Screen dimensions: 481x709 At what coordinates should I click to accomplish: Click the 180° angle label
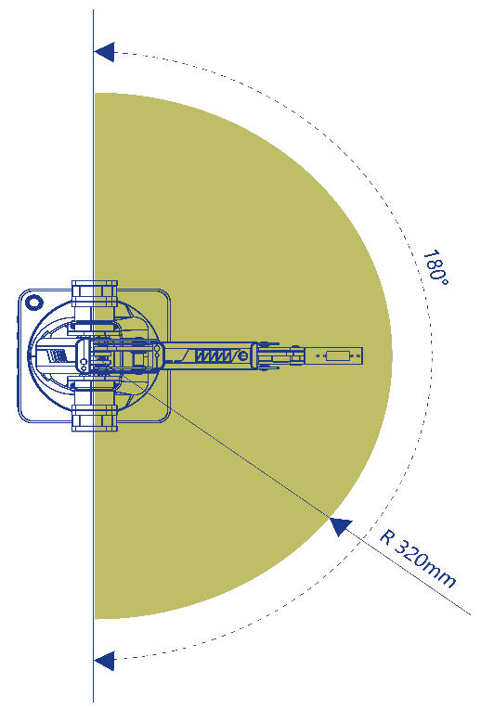click(436, 267)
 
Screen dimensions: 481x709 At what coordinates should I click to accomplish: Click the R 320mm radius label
click(417, 558)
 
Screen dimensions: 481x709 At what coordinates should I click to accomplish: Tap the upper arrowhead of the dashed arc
click(104, 52)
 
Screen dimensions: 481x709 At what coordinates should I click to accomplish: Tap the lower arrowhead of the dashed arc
click(104, 661)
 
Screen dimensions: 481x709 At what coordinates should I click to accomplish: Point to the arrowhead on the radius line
click(340, 526)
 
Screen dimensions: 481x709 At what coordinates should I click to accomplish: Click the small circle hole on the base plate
click(34, 302)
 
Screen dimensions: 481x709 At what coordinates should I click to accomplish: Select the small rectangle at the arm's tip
click(338, 355)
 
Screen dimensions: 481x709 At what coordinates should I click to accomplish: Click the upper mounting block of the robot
click(95, 293)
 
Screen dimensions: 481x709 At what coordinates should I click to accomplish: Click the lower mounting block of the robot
click(95, 418)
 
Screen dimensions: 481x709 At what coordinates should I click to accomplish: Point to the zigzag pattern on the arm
click(213, 355)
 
